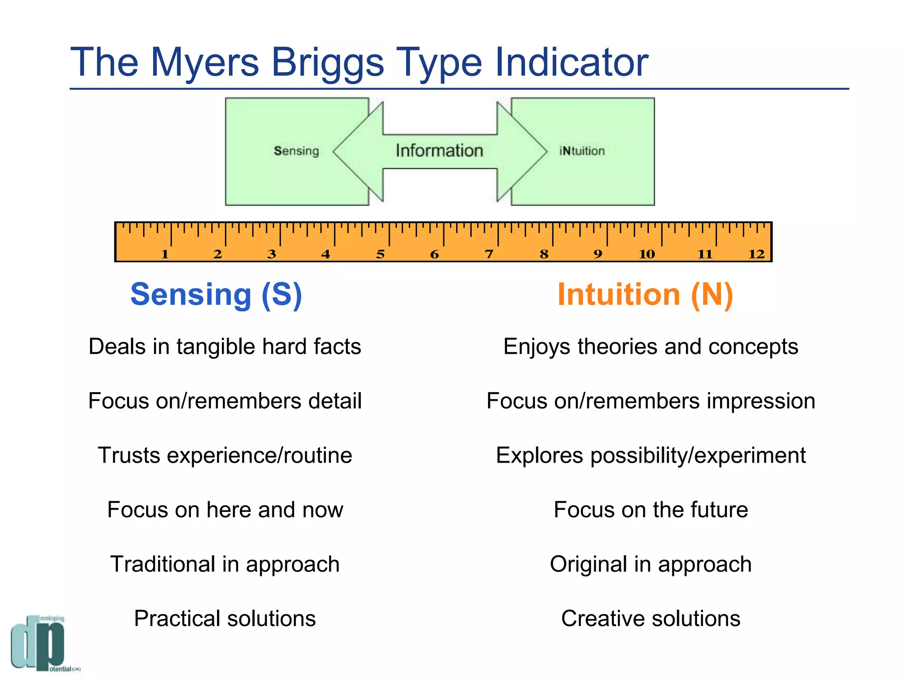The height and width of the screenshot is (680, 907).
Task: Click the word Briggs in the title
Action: pos(327,63)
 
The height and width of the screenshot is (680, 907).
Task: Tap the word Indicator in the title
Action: pos(571,62)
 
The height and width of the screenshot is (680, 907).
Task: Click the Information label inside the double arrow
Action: pos(439,151)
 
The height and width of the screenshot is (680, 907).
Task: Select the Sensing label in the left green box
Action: pos(296,151)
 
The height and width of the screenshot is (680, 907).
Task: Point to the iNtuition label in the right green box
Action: pos(582,151)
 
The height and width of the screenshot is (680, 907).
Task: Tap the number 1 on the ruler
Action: pos(165,254)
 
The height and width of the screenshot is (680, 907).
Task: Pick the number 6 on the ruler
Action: pos(434,254)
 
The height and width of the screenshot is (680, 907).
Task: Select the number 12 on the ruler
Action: pos(756,254)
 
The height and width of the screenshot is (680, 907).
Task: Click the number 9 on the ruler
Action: pos(598,254)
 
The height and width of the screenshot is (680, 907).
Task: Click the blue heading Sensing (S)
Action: pos(216,295)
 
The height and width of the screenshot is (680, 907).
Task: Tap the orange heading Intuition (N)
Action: pos(645,295)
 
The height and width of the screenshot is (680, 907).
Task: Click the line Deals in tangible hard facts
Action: pos(225,347)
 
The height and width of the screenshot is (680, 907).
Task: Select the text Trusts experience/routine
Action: pos(225,456)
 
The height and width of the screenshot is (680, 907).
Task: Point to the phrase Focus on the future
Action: pos(651,510)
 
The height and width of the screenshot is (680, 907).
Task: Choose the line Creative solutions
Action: pos(651,618)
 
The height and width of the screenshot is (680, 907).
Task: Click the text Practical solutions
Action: pos(225,618)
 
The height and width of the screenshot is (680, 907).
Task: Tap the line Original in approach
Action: pos(651,564)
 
